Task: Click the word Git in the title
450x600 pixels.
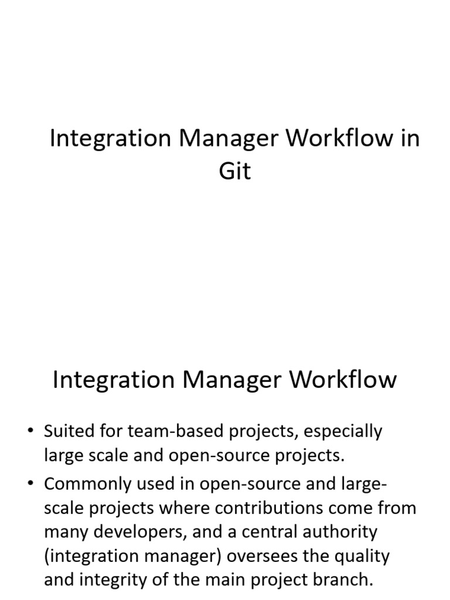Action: (234, 171)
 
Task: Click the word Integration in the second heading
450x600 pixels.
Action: (110, 380)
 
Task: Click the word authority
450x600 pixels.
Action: (342, 532)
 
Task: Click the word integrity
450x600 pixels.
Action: (118, 580)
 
